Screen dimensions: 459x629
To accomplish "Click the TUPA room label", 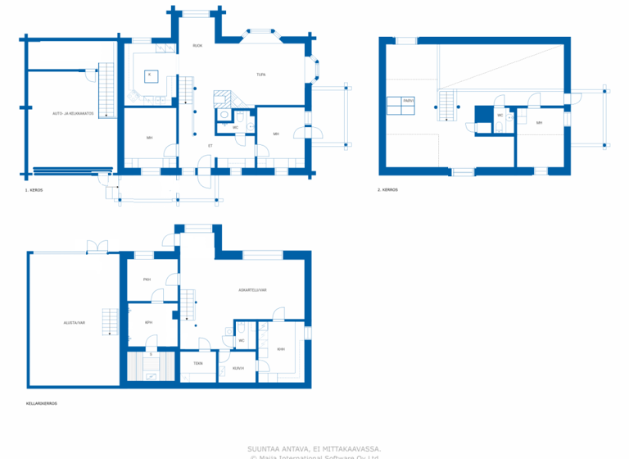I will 260,75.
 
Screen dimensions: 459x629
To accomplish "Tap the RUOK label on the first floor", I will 197,46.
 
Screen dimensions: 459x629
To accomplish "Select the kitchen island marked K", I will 149,75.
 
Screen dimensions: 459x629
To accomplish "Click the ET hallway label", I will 210,146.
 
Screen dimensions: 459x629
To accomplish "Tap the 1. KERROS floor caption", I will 34,189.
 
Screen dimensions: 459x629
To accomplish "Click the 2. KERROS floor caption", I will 387,189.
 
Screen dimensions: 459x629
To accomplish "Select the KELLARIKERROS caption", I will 41,403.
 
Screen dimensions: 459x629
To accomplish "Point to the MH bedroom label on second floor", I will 539,123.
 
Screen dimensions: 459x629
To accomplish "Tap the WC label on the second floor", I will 500,116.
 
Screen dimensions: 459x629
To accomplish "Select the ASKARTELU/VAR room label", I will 253,290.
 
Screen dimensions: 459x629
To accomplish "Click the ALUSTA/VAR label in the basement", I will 74,323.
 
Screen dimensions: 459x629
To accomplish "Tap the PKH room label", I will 147,279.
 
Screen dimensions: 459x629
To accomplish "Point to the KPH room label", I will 148,322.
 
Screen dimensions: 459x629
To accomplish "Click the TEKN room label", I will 197,363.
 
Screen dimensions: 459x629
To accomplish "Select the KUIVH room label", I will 238,368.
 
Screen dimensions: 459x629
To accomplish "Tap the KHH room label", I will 281,349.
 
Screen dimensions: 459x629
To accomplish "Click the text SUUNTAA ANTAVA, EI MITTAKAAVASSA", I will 314,448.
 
